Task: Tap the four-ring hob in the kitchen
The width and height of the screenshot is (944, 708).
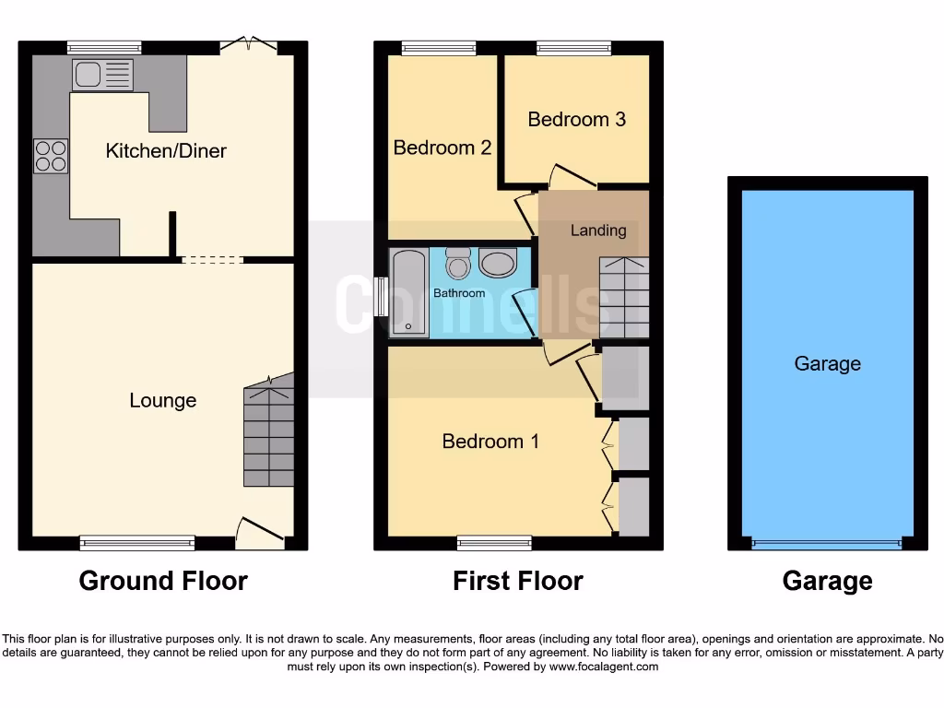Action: point(51,156)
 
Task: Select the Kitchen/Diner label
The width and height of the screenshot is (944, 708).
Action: point(166,150)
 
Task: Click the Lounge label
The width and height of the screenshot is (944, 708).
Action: point(162,400)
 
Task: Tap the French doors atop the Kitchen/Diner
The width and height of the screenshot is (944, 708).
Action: point(248,43)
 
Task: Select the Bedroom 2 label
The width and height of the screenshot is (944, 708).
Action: point(442,147)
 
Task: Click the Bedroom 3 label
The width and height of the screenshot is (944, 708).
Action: point(576,119)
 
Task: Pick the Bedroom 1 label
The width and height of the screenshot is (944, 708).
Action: point(490,441)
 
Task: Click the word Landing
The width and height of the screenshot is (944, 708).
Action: point(598,230)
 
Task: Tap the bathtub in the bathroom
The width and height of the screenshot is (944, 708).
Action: point(408,293)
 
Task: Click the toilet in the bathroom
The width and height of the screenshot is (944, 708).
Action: point(458,263)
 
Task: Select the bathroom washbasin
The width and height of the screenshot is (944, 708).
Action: point(499,263)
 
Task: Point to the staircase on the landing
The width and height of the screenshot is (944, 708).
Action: point(624,297)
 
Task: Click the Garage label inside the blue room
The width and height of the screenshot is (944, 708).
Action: point(827,363)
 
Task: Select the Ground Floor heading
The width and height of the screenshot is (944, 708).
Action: point(163,581)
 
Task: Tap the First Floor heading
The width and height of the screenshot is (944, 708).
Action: point(517,581)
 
